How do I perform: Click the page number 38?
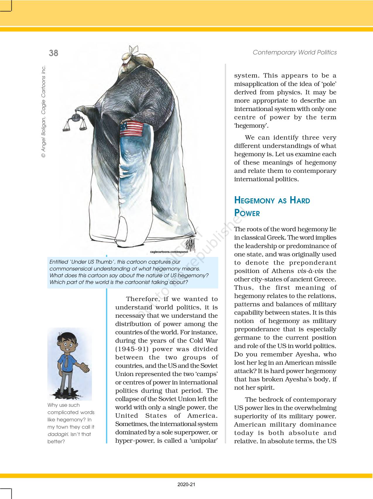pyautogui.click(x=54, y=53)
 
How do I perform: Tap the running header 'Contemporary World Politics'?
pyautogui.click(x=295, y=52)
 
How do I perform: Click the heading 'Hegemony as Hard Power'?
pyautogui.click(x=272, y=206)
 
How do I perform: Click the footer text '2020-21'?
pyautogui.click(x=186, y=485)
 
